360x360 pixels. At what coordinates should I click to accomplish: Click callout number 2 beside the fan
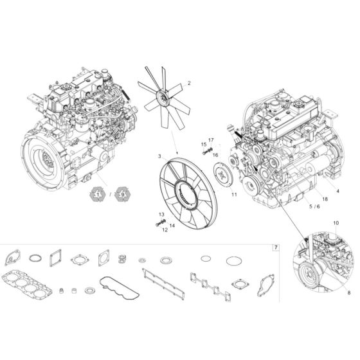tap(189, 83)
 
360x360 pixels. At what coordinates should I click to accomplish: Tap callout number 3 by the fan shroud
tap(159, 156)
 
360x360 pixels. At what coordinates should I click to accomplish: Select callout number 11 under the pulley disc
tap(234, 194)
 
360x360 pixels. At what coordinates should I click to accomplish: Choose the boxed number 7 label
tap(276, 248)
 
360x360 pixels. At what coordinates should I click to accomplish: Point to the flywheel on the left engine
tap(44, 159)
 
